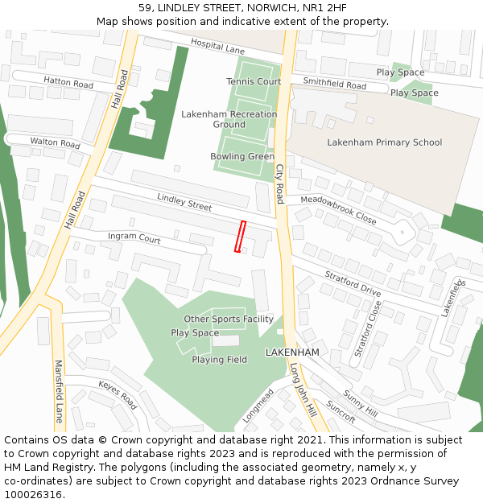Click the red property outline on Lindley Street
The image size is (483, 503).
(239, 236)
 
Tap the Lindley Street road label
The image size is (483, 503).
(184, 201)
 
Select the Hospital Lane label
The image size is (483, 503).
(217, 48)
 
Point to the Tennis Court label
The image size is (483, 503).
(254, 81)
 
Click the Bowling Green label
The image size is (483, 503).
(242, 156)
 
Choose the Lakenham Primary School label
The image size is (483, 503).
(384, 142)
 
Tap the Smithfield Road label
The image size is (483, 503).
(334, 85)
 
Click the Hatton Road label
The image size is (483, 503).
(68, 82)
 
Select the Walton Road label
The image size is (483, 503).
(56, 142)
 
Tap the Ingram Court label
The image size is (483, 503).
(134, 239)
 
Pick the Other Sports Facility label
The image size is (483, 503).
(229, 320)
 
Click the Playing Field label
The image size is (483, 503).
(219, 360)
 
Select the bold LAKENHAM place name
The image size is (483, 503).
(292, 353)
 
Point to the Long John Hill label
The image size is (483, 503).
(305, 389)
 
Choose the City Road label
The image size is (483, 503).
(280, 183)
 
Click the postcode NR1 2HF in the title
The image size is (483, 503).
(324, 8)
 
